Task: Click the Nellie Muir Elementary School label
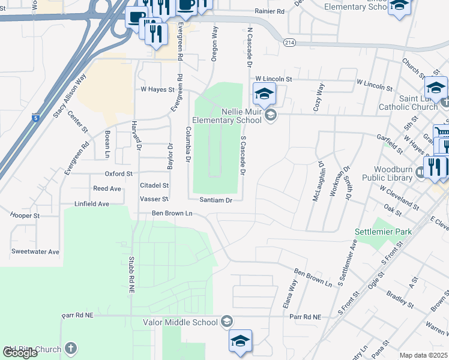point(233,116)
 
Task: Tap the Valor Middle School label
point(180,322)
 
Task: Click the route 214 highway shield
point(290,43)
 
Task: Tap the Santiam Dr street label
point(215,200)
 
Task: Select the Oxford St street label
point(118,174)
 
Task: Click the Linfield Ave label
point(92,204)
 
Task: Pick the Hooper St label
point(25,215)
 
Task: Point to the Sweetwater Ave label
point(35,251)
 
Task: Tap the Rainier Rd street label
point(270,11)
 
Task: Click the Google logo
point(20,353)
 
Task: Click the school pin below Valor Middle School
point(240,341)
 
